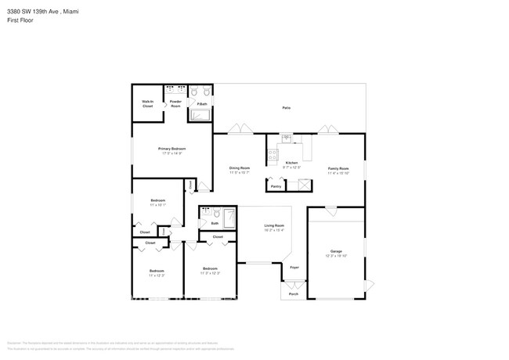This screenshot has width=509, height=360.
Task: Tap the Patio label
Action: pyautogui.click(x=287, y=108)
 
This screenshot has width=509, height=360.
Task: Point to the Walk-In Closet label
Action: pyautogui.click(x=147, y=103)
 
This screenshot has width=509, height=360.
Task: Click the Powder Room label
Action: pyautogui.click(x=175, y=103)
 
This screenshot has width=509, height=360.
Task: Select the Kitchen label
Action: pyautogui.click(x=291, y=163)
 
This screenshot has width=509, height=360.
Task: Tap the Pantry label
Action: pyautogui.click(x=276, y=186)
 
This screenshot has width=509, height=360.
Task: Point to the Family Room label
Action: pyautogui.click(x=338, y=168)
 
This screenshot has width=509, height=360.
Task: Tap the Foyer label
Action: pyautogui.click(x=294, y=268)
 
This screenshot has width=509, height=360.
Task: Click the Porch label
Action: pyautogui.click(x=294, y=294)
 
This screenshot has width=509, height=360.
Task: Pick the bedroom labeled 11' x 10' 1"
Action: pyautogui.click(x=157, y=202)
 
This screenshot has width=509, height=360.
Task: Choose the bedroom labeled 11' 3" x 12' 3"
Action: pyautogui.click(x=210, y=270)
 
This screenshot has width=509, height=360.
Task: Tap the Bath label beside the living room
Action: pyautogui.click(x=215, y=223)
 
